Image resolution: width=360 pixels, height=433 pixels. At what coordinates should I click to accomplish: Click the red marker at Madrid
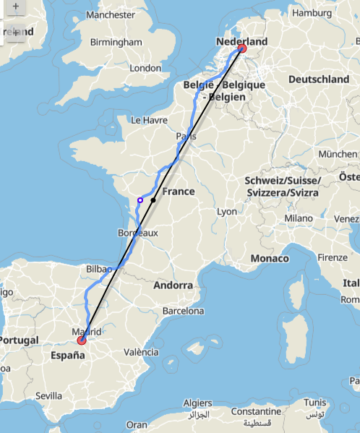pyautogui.click(x=82, y=339)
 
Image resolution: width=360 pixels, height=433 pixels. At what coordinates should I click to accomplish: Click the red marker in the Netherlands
pyautogui.click(x=241, y=48)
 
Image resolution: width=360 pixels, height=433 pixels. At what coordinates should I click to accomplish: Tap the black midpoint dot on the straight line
pyautogui.click(x=153, y=200)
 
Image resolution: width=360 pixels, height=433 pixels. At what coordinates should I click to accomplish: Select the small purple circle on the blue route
pyautogui.click(x=140, y=200)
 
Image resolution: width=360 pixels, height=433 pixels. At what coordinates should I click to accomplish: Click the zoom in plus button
pyautogui.click(x=16, y=6)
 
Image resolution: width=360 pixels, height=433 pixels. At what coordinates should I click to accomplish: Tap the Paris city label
pyautogui.click(x=186, y=136)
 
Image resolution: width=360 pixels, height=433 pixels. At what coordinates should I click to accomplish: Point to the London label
pyautogui.click(x=145, y=68)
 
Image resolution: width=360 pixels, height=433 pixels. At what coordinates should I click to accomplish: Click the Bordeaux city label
pyautogui.click(x=137, y=233)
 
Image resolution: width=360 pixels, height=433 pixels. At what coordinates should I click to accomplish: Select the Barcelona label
pyautogui.click(x=183, y=312)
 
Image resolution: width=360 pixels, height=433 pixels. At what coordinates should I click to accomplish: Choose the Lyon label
pyautogui.click(x=227, y=211)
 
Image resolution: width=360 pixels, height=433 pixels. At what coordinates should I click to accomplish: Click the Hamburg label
pyautogui.click(x=312, y=13)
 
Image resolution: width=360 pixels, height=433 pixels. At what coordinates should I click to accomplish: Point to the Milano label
pyautogui.click(x=298, y=218)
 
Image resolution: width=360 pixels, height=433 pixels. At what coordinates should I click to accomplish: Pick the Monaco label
pyautogui.click(x=270, y=258)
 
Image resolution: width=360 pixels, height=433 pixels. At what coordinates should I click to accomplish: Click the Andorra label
pyautogui.click(x=174, y=286)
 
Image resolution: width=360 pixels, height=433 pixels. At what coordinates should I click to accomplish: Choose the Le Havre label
pyautogui.click(x=147, y=120)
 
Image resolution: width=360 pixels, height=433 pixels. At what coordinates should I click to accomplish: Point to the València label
pyautogui.click(x=142, y=352)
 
